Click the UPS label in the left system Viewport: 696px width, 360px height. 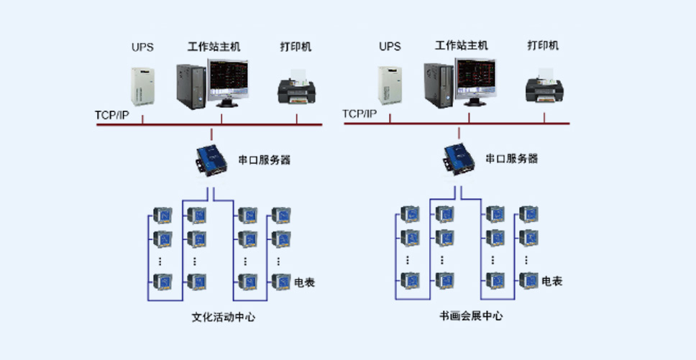(142, 47)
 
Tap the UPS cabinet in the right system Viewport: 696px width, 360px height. (390, 86)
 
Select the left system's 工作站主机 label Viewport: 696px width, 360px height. (214, 46)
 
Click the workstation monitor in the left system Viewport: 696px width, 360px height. (228, 83)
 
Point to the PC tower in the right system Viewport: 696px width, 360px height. (439, 86)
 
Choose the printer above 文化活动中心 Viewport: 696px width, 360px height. (296, 88)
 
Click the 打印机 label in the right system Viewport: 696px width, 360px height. (543, 45)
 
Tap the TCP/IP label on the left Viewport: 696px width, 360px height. (112, 115)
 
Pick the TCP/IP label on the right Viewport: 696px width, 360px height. (360, 114)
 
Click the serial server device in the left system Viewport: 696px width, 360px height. (211, 160)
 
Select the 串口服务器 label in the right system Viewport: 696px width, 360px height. (512, 158)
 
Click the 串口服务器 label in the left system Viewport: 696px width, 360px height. (265, 160)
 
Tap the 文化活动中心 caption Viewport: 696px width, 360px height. (224, 317)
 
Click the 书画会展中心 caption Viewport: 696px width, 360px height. (471, 315)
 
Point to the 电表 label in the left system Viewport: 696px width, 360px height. (305, 282)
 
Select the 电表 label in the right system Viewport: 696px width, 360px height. (551, 281)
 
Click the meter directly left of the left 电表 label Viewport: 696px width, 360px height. (281, 282)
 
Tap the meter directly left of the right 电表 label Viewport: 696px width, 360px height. (528, 280)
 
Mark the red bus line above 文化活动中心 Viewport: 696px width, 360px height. (209, 125)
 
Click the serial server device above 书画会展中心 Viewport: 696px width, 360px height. (459, 159)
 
